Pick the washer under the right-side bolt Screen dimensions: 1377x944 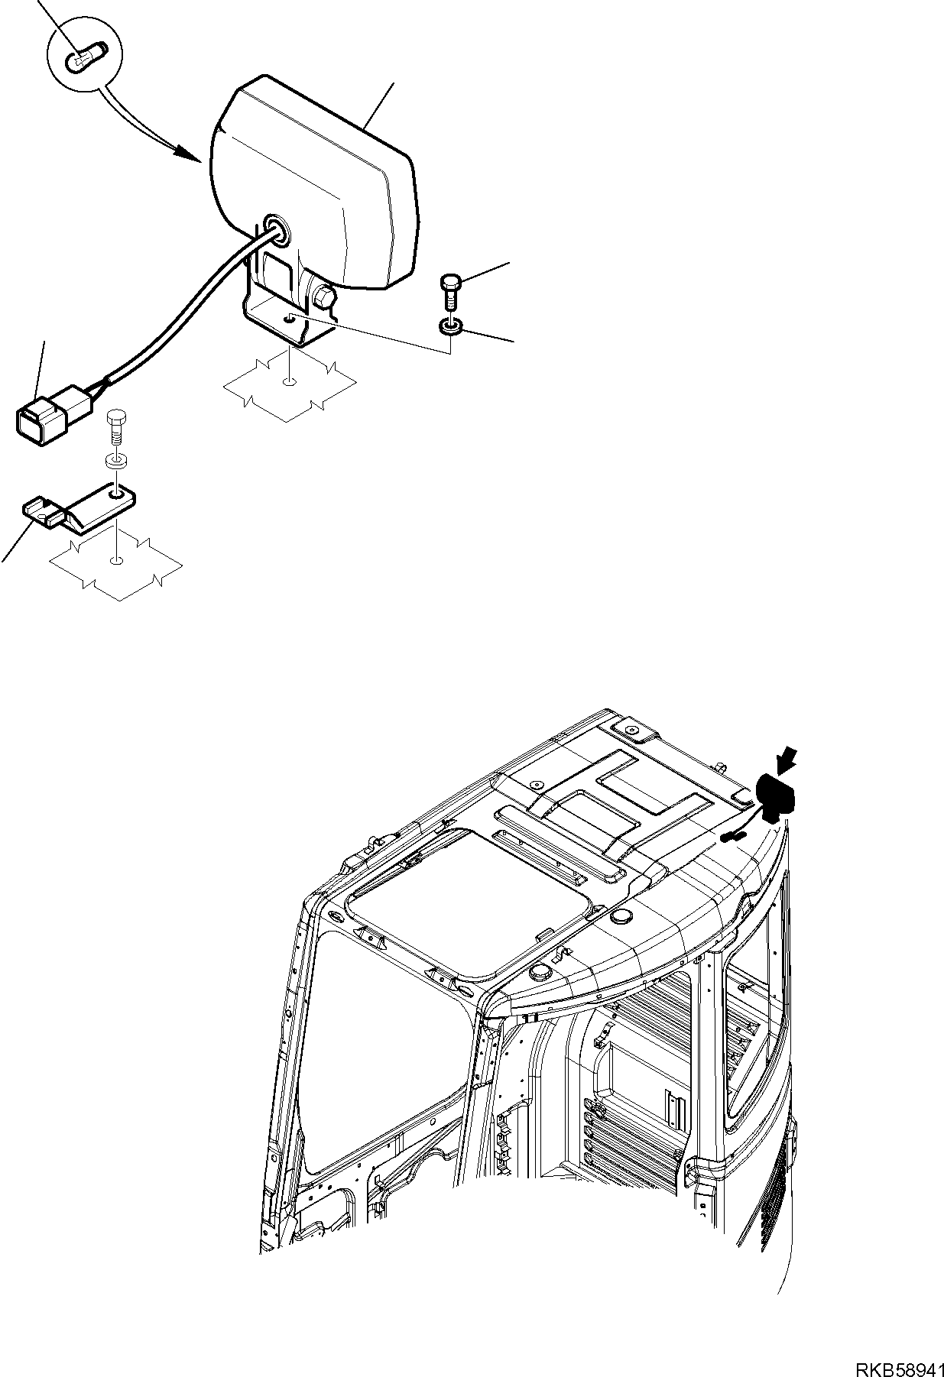[450, 327]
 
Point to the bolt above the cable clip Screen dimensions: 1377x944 [116, 426]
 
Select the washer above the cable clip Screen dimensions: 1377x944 [116, 462]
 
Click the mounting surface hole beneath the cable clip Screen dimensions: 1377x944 [115, 562]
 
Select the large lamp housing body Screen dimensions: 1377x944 [321, 183]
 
